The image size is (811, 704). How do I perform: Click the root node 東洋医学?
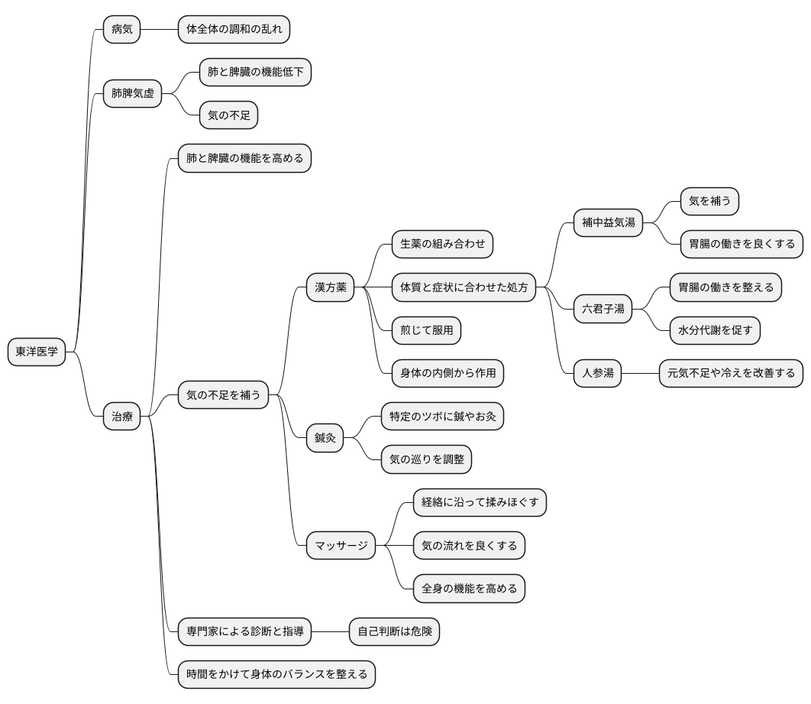[37, 352]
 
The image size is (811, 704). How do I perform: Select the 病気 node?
[122, 30]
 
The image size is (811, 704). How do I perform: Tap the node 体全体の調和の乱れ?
[234, 30]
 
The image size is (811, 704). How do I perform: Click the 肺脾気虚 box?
[133, 94]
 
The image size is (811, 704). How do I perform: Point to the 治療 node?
[122, 417]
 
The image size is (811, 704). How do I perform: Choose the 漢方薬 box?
[331, 287]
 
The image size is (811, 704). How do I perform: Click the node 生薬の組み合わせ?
[442, 245]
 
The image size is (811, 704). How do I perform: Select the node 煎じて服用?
[426, 330]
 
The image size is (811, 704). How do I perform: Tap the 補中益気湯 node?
[609, 223]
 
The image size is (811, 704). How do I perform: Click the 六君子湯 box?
[603, 309]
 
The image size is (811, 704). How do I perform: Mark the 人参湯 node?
[598, 374]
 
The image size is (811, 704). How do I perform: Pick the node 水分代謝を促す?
[715, 330]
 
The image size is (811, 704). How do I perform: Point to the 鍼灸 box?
[325, 438]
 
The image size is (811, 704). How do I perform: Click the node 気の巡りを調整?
[426, 459]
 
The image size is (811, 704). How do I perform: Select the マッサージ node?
[341, 546]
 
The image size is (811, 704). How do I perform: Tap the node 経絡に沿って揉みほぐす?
[480, 502]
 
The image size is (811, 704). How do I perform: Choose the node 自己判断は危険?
[394, 631]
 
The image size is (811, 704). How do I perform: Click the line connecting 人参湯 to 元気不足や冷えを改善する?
[640, 374]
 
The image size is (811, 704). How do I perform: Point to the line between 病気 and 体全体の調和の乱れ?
[159, 30]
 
